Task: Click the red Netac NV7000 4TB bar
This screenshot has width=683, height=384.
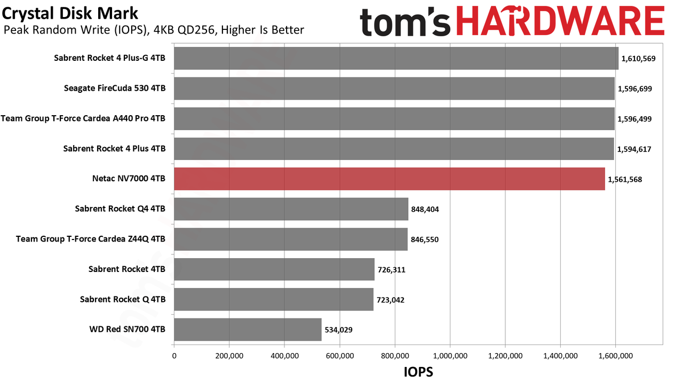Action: coord(390,179)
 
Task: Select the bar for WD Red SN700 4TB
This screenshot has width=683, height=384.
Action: coord(248,330)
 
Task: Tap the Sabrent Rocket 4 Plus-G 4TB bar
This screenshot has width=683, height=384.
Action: coord(396,58)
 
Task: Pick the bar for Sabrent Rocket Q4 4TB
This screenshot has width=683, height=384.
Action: coord(291,209)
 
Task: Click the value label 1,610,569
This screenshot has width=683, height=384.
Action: coord(638,59)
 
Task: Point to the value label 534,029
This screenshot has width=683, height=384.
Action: coord(338,330)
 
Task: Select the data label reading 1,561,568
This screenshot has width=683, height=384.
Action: coord(625,180)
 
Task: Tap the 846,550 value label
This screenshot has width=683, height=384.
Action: coord(424,239)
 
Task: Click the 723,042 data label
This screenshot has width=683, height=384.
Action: coord(390,300)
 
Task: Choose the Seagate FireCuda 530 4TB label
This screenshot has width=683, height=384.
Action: coord(115,89)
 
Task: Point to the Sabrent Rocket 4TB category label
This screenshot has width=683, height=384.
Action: coord(127,269)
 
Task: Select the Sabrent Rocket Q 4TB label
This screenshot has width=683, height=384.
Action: coord(123,299)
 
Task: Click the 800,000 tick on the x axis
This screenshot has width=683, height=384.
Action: coord(395,356)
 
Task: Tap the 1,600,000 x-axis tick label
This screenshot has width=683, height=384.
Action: coord(615,356)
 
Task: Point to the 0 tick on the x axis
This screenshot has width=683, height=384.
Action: coord(174,356)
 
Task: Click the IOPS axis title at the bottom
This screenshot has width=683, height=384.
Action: coord(418,372)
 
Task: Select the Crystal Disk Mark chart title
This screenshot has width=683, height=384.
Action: coord(70,13)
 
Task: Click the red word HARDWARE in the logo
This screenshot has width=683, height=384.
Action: coord(560,21)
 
